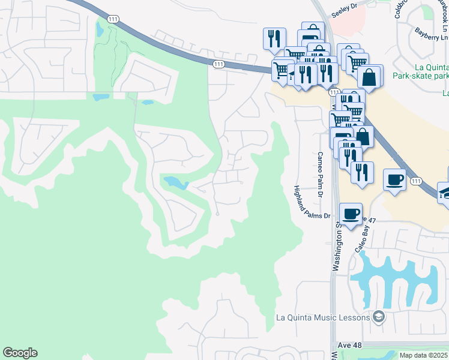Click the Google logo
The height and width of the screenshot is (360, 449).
click(20, 353)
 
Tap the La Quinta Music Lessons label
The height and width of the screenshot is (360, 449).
click(322, 317)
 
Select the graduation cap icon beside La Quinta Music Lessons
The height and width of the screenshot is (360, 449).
click(378, 316)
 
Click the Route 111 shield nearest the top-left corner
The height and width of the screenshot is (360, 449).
click(113, 20)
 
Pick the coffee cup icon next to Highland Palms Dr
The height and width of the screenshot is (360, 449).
click(351, 214)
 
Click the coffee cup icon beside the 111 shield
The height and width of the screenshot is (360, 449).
click(394, 179)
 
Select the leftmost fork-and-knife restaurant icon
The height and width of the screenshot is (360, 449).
click(274, 38)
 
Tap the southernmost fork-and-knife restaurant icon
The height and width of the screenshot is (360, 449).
click(362, 172)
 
